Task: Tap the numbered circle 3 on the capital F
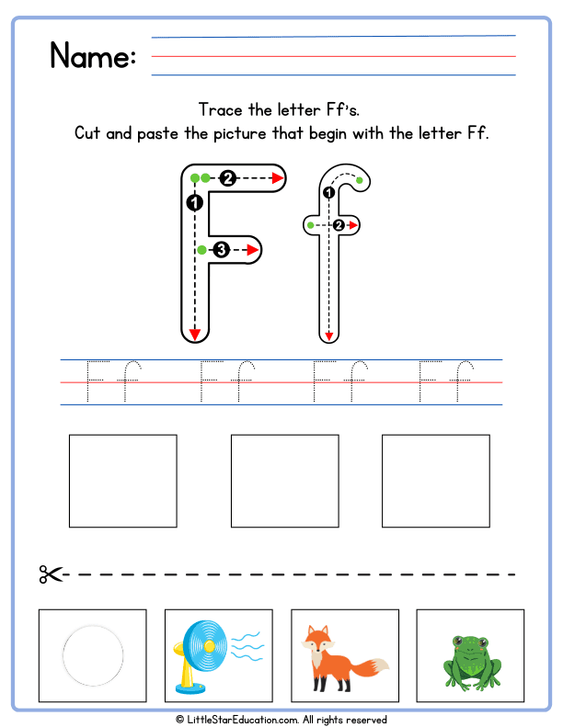pos(220,249)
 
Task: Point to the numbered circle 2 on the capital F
pos(227,177)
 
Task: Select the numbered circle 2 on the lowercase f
pos(339,224)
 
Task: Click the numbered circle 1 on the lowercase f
pos(328,192)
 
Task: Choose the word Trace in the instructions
pos(221,109)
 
